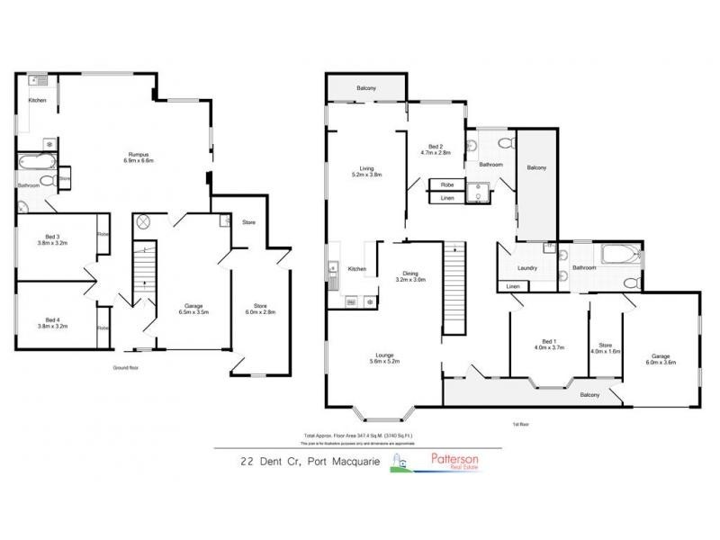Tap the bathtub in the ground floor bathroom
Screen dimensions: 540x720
(36, 164)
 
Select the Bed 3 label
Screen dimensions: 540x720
(51, 238)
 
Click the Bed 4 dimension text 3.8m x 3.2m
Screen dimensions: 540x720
(51, 326)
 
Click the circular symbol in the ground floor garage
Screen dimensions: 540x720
(141, 221)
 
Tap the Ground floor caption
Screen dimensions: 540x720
(125, 368)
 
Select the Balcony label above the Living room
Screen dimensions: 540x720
(365, 87)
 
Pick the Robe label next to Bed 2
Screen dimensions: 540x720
(446, 184)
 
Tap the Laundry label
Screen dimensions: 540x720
(526, 267)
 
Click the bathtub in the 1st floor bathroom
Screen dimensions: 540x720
(620, 255)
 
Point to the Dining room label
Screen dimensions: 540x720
(409, 276)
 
